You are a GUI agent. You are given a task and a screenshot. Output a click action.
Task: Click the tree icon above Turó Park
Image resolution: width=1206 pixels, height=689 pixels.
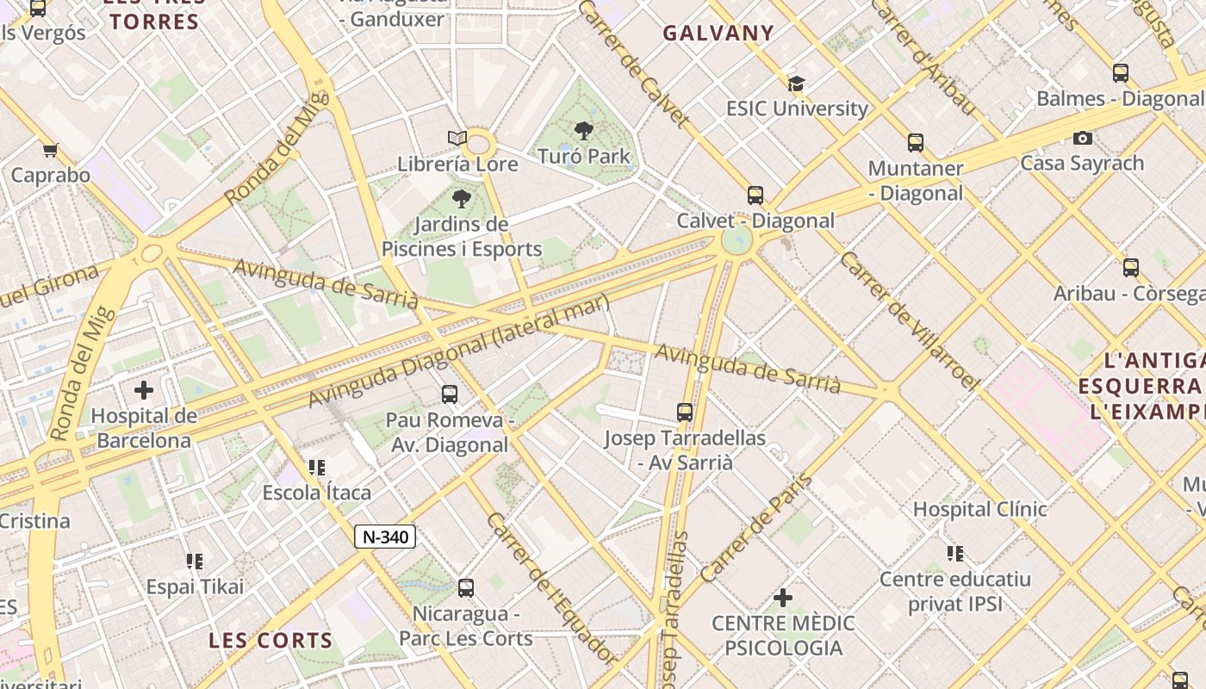(584, 131)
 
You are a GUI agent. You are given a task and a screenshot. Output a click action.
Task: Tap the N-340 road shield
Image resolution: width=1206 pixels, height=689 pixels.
(385, 537)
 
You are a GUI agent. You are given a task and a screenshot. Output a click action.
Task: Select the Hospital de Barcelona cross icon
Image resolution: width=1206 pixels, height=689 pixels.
(144, 390)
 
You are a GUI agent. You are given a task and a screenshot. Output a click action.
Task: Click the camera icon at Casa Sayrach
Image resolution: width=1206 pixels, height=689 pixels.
(1083, 138)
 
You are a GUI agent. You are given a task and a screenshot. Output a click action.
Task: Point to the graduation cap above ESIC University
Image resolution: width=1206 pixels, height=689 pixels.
(797, 84)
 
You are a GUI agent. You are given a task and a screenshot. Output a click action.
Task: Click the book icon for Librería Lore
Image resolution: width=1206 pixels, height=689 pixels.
(457, 138)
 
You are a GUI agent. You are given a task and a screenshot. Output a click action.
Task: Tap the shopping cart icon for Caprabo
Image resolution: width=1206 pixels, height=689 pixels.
(51, 150)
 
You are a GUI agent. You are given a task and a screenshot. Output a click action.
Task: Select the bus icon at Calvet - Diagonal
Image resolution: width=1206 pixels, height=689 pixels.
(755, 195)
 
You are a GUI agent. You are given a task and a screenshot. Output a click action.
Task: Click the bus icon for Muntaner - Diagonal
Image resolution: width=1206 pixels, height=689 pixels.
(916, 143)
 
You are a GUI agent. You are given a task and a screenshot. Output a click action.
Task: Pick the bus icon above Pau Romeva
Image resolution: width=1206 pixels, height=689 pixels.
(449, 394)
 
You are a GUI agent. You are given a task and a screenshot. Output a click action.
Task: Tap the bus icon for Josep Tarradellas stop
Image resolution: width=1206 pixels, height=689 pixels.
(685, 412)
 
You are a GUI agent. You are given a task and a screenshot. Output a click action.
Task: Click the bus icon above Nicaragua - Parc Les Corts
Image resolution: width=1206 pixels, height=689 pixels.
(466, 588)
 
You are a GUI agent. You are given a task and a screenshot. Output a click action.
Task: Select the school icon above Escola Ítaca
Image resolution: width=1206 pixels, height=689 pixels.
(317, 468)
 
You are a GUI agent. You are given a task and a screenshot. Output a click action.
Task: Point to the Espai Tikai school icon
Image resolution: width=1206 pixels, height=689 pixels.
(195, 562)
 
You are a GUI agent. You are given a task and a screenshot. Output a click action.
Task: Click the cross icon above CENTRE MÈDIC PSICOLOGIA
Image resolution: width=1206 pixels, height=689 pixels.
(783, 597)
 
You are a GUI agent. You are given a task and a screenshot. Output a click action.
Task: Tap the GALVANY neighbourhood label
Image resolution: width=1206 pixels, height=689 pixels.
(718, 34)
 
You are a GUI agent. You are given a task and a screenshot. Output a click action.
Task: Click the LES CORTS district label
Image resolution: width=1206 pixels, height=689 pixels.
(270, 640)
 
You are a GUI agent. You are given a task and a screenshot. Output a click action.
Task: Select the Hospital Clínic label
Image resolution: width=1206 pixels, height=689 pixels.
(979, 509)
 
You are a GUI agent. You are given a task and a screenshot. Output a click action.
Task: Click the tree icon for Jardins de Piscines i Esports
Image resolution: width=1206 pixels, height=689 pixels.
(462, 200)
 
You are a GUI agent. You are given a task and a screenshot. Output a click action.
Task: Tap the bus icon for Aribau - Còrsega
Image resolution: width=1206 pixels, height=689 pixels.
(1131, 268)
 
